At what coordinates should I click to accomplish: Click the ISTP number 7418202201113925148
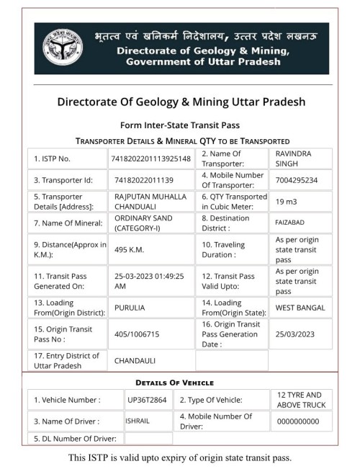coord(150,158)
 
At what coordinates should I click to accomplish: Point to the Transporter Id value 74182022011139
coord(144,180)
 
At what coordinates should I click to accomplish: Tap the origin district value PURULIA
coord(132,308)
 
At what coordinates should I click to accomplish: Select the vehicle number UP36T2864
coord(147,400)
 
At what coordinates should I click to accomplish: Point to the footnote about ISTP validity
coord(181,457)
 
